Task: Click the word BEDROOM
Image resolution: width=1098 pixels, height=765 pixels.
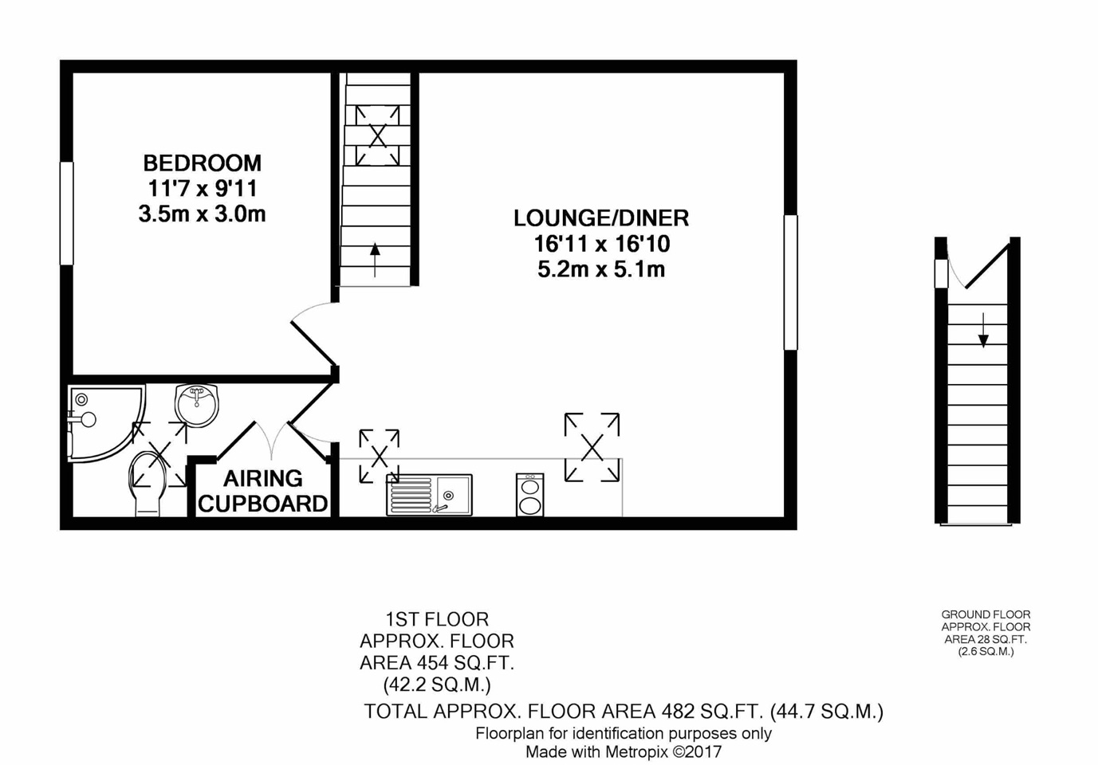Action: pos(202,163)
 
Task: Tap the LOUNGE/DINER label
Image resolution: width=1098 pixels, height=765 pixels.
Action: pos(601,218)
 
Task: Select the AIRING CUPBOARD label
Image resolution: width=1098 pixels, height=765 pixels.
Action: pos(262,491)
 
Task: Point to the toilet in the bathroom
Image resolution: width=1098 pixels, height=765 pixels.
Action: pos(148,483)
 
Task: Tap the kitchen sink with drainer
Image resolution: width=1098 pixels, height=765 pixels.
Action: pos(430,495)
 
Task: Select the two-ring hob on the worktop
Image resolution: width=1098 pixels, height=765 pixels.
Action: pos(530,494)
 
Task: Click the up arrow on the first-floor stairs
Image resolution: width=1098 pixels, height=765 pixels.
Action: pos(375,260)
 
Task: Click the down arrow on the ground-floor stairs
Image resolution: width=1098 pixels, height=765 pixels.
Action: pos(983,330)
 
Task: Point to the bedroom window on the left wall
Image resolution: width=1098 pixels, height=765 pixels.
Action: pos(67,214)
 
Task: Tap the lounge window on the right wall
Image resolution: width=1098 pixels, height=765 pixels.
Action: pos(791,283)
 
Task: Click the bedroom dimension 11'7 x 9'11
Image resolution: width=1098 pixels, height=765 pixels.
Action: pos(203,189)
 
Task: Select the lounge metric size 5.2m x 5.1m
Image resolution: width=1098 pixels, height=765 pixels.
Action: pos(601,269)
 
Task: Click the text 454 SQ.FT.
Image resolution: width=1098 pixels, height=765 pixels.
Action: pos(465,663)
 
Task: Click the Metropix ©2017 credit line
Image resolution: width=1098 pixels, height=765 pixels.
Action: pos(624,751)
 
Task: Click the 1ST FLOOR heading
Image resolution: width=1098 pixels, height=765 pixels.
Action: pos(437,619)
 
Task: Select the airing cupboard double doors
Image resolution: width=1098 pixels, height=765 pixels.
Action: pos(272,440)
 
